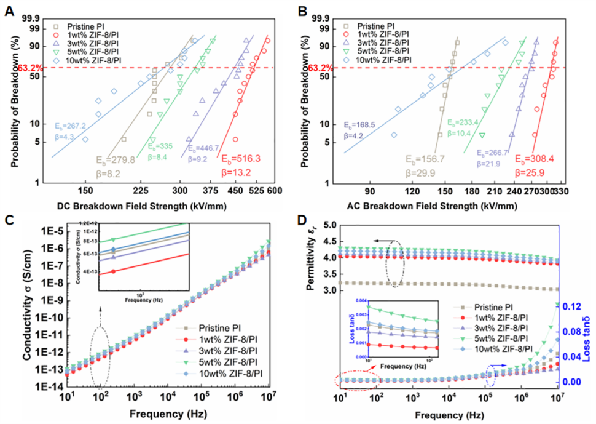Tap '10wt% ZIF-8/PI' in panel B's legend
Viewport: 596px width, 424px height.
tap(384, 60)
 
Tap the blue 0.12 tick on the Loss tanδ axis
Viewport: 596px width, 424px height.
tap(573, 306)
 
